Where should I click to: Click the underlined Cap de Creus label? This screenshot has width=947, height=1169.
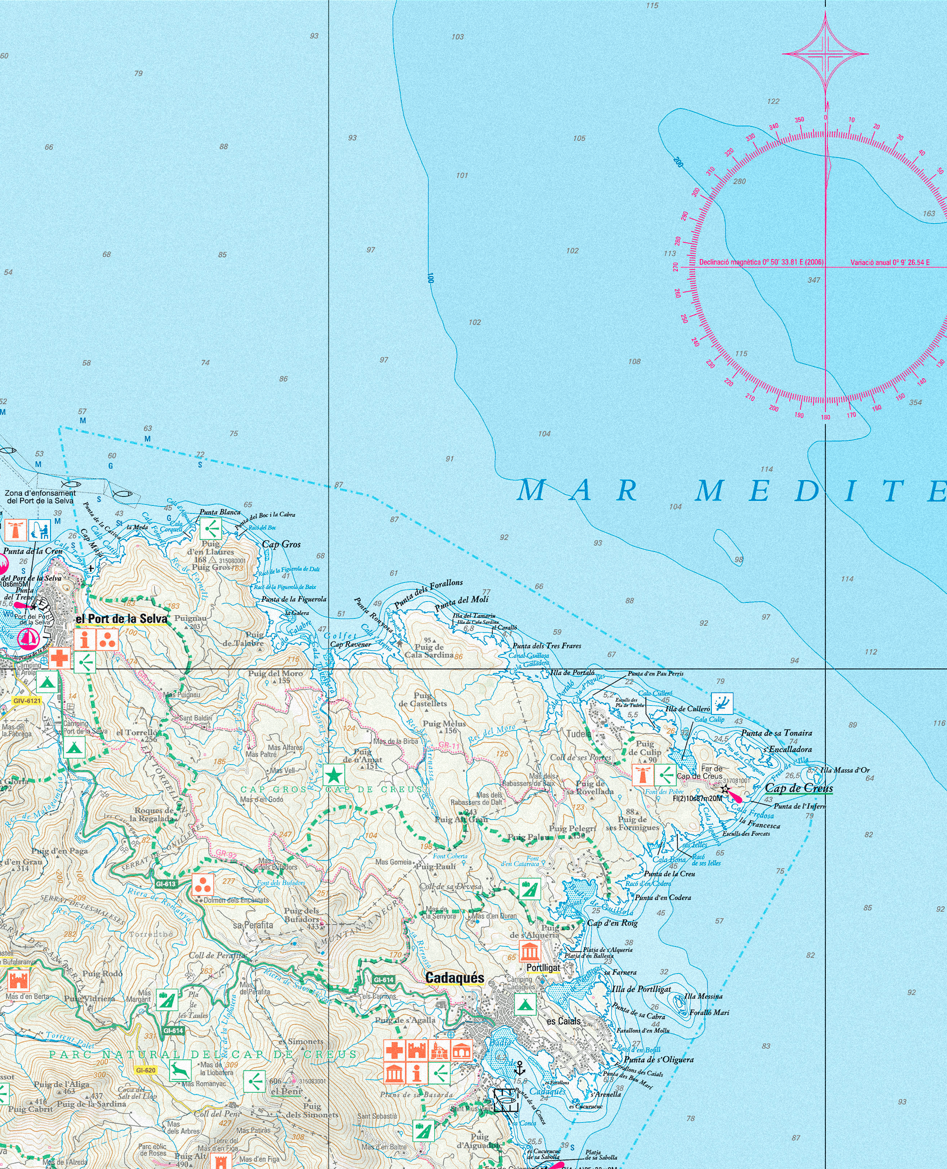tap(798, 788)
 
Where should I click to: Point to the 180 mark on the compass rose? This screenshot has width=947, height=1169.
tap(825, 417)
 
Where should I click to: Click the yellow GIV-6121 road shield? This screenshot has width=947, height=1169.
tap(28, 700)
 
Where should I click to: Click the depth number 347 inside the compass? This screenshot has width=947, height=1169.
tap(813, 280)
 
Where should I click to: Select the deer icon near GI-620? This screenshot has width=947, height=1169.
tap(179, 1070)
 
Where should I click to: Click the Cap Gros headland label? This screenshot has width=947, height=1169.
tap(282, 544)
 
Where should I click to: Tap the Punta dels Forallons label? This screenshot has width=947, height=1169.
tap(428, 594)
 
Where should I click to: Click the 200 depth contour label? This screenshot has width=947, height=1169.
tap(678, 162)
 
